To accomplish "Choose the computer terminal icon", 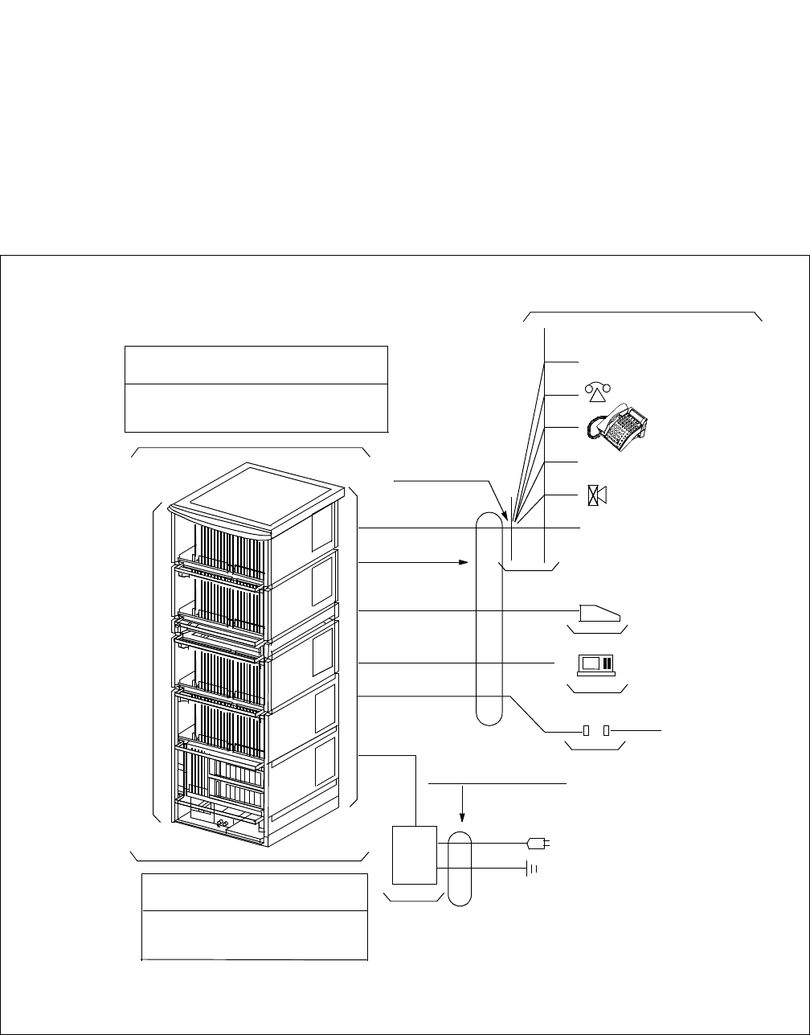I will (x=596, y=663).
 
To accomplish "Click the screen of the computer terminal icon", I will (x=591, y=663).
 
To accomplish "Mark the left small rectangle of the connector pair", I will (x=587, y=731).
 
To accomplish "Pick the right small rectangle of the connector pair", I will (x=607, y=731).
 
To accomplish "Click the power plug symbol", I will (x=537, y=844).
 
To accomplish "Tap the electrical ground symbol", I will (x=531, y=869).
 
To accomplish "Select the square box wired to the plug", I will (x=413, y=855).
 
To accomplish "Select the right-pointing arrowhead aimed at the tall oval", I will (x=464, y=562).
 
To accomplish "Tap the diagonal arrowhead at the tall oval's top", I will (x=504, y=512).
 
